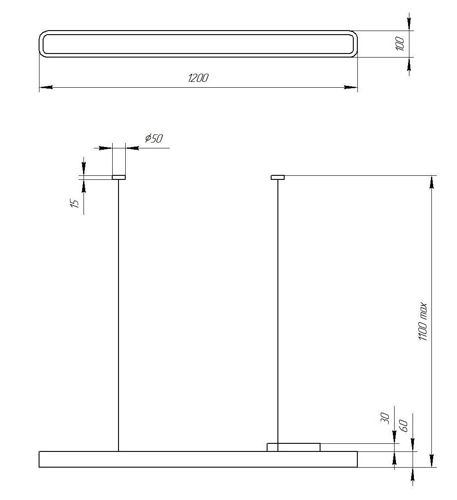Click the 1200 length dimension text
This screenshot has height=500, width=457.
(x=198, y=78)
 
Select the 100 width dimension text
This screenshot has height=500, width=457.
(x=400, y=44)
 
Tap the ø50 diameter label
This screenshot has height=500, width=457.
(x=154, y=138)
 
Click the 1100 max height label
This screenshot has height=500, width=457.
(x=422, y=321)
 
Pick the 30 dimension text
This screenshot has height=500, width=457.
(x=385, y=418)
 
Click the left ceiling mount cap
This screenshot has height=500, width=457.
(x=119, y=177)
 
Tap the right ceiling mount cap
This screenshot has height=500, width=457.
(x=278, y=177)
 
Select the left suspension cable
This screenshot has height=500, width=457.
(x=119, y=315)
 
